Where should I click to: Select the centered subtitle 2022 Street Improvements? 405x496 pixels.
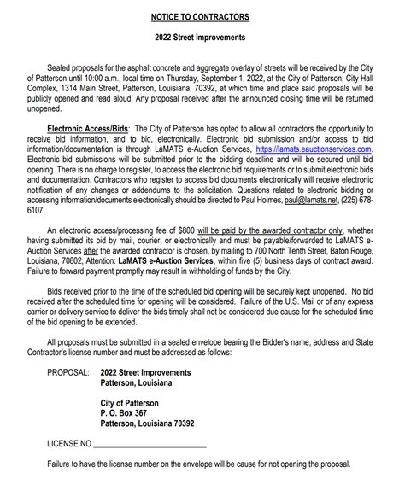coord(202,38)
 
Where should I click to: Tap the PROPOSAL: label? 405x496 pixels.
coord(68,372)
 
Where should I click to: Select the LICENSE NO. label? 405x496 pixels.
coord(68,444)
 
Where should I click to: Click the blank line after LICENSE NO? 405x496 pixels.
coord(150,446)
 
